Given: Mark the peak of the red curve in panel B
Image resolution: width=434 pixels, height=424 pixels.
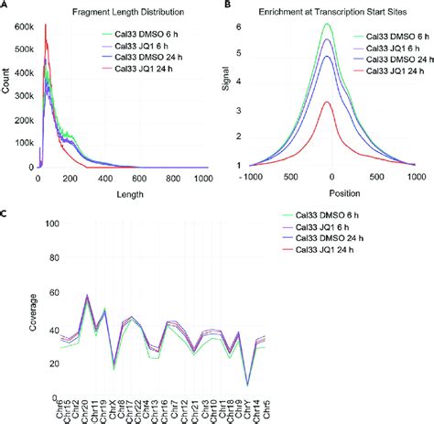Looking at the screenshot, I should tap(326, 103).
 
